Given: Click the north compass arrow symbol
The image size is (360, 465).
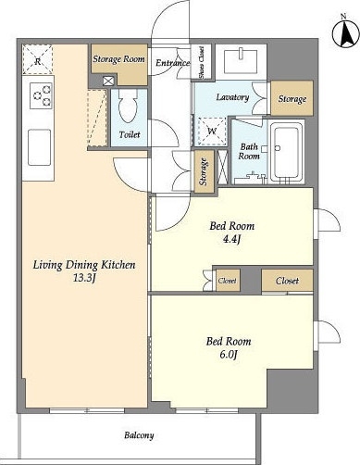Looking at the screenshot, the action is click(346, 33).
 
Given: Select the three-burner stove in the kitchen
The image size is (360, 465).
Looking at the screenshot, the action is click(41, 95).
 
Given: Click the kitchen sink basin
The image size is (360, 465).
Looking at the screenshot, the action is click(40, 147).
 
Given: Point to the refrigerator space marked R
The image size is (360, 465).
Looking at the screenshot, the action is click(37, 59).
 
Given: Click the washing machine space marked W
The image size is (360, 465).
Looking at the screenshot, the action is click(212, 132).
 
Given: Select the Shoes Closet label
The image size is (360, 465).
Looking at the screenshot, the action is click(202, 63).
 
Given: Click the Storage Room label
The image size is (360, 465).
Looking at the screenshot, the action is click(118, 58).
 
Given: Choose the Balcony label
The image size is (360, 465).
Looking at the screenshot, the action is click(139, 435).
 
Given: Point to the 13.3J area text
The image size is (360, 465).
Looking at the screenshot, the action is click(84, 278).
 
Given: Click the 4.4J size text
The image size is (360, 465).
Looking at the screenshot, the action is click(231, 239).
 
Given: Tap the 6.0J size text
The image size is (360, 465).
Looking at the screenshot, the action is click(229, 355).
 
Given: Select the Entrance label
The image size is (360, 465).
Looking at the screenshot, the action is click(173, 63).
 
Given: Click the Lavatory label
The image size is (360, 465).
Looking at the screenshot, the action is click(232, 97).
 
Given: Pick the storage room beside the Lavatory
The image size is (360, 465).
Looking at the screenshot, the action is click(292, 98).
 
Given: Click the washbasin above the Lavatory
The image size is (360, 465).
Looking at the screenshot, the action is click(241, 62).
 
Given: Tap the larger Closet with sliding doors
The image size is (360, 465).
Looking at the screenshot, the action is click(288, 281).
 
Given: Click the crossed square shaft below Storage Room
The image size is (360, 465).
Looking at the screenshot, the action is click(108, 82).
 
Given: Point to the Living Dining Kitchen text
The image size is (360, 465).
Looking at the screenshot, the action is click(84, 265).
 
